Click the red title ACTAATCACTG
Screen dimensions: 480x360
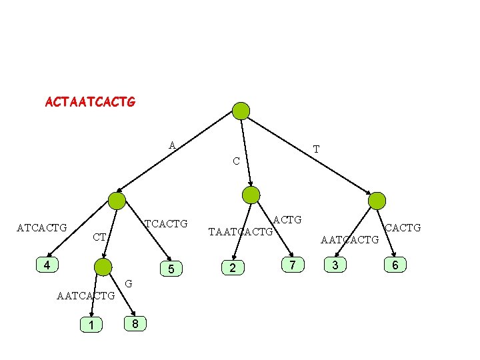[x=90, y=103]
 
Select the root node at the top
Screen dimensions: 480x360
[x=241, y=111]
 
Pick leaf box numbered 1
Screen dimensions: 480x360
[x=90, y=325]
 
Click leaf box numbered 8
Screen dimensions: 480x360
[x=135, y=324]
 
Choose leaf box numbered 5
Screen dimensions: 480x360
[x=171, y=269]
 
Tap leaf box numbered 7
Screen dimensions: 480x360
[x=291, y=265]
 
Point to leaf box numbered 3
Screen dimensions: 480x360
[x=335, y=265]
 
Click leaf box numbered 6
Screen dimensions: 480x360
[x=395, y=265]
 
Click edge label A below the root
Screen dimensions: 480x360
[x=172, y=145]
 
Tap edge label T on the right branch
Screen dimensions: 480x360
[x=316, y=149]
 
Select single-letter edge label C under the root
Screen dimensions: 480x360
[x=236, y=161]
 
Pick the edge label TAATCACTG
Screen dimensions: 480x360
[x=241, y=233]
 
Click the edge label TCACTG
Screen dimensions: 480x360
[x=166, y=223]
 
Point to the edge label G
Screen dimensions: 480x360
[x=129, y=284]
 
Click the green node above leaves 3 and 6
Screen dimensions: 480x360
[x=377, y=200]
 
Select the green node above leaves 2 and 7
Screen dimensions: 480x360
[x=251, y=195]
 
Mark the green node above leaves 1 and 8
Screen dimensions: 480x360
[x=103, y=268]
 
